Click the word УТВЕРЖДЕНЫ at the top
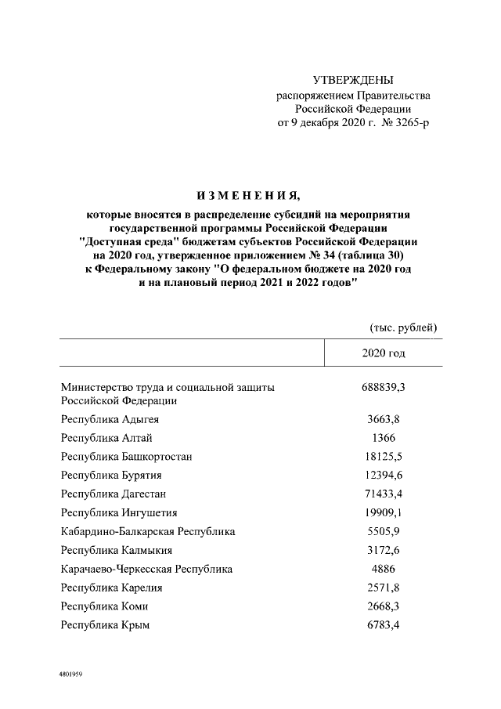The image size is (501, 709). pos(353,81)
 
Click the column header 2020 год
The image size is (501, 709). pos(384,353)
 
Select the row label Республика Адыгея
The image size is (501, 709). pos(110,420)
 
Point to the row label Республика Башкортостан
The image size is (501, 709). pos(126,457)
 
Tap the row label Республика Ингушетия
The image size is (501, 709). pos(119,513)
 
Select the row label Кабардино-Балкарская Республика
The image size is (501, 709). pos(148,532)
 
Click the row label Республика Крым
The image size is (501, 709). pos(106,625)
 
